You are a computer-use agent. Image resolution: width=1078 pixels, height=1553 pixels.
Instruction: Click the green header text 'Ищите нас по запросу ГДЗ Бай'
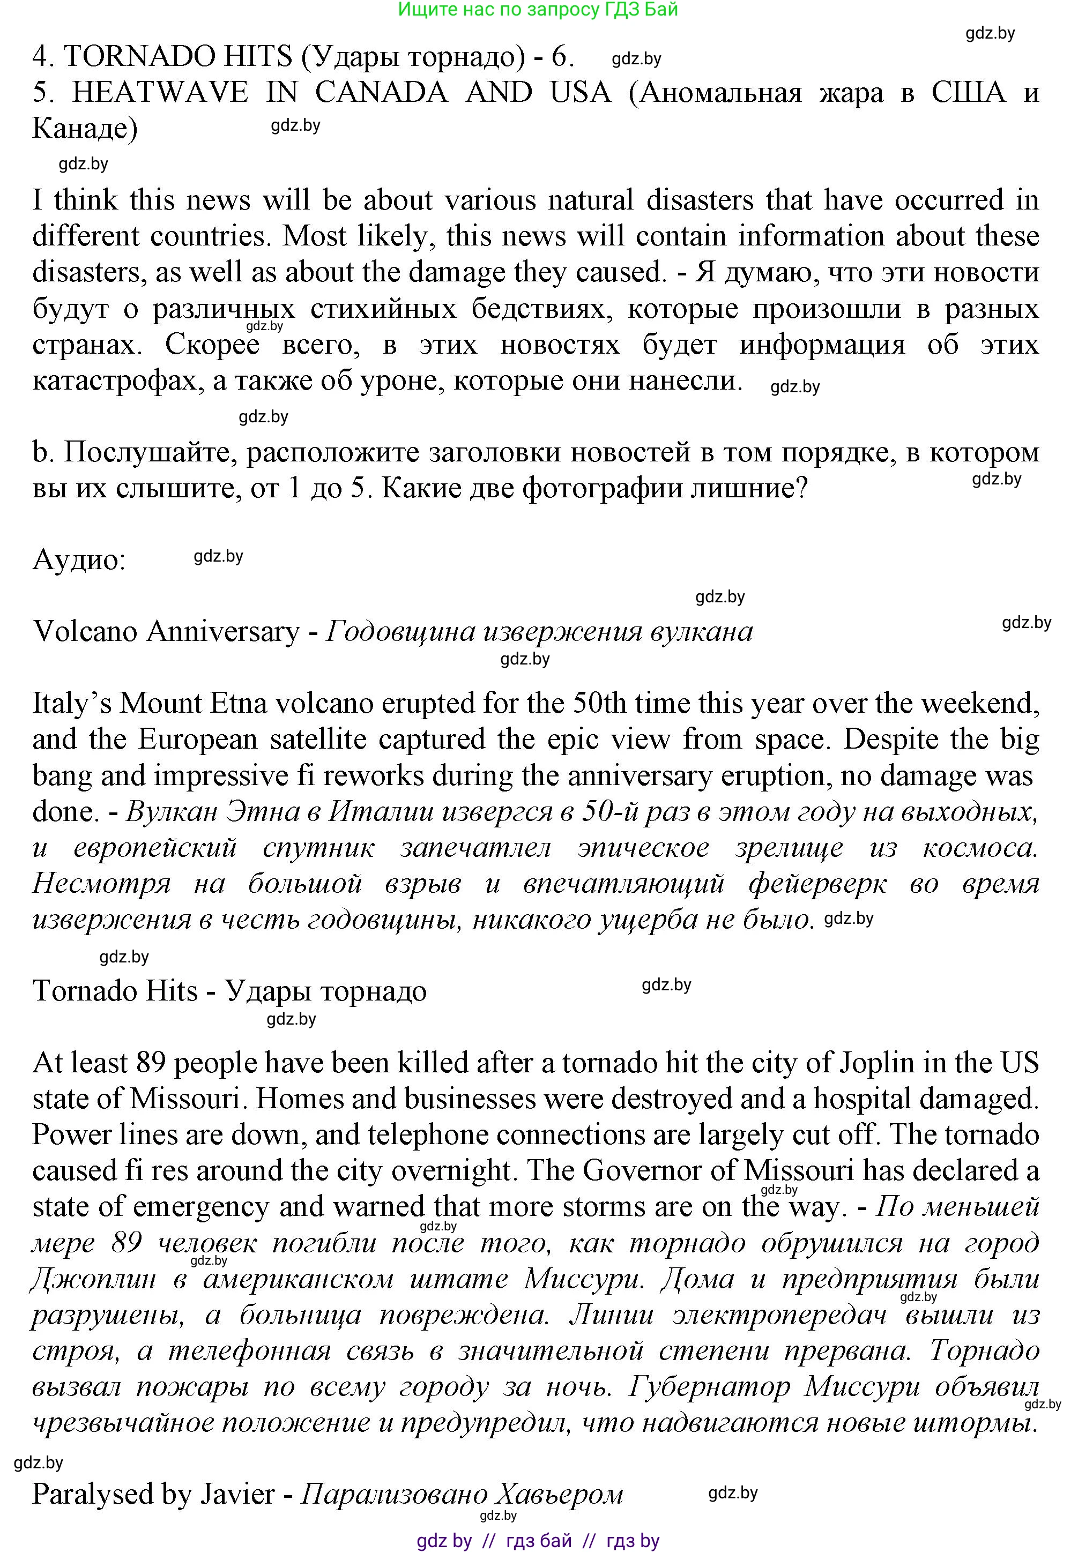click(x=538, y=10)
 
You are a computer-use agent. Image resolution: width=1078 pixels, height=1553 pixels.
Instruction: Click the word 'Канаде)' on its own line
click(x=85, y=128)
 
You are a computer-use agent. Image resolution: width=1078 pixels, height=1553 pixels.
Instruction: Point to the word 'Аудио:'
click(x=79, y=560)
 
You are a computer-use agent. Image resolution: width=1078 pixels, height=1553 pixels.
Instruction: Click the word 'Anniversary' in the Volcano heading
click(x=223, y=632)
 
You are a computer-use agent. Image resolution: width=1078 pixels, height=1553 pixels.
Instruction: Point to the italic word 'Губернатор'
click(x=709, y=1387)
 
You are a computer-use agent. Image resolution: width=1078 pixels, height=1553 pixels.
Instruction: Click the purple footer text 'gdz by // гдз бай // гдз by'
click(x=538, y=1540)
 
